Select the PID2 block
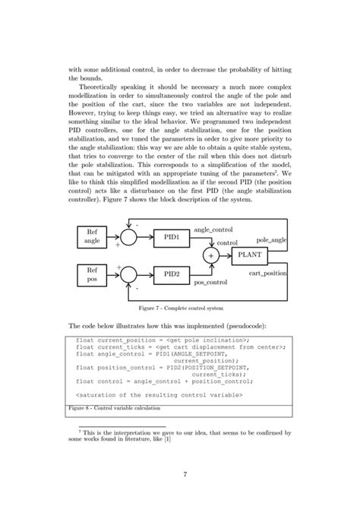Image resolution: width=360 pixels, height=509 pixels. click(172, 272)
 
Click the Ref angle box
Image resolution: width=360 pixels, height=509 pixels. click(93, 236)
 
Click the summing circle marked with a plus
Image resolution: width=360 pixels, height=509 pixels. click(210, 256)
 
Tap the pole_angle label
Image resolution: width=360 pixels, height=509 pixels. click(271, 239)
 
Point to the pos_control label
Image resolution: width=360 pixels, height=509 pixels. click(212, 283)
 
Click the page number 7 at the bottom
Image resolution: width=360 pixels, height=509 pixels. click(185, 476)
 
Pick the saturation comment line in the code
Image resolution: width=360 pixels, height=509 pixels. click(159, 396)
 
